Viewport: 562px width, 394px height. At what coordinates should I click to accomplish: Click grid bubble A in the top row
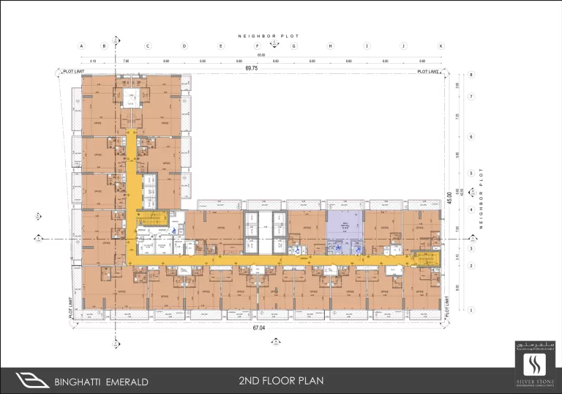[81, 45]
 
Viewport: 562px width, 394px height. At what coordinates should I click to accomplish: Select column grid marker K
[441, 45]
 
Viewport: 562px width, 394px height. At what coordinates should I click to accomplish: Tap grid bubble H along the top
[330, 45]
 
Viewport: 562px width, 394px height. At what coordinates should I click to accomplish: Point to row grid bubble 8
[472, 75]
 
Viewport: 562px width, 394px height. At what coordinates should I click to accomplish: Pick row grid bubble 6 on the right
[472, 136]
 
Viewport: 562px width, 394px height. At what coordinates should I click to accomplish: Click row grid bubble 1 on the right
[472, 310]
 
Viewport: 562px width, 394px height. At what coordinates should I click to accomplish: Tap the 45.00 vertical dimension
[460, 196]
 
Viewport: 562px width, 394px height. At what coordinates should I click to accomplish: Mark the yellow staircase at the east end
[424, 258]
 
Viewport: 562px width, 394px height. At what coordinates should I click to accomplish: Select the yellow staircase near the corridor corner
[151, 219]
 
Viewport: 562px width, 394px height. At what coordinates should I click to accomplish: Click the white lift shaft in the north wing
[132, 100]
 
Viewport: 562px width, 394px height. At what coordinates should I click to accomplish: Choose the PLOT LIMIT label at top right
[428, 72]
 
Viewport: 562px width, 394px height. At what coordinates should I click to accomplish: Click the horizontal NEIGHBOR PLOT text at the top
[268, 36]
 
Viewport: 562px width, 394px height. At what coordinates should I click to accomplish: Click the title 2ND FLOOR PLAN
[281, 381]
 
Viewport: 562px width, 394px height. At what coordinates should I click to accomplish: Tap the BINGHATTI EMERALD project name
[101, 382]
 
